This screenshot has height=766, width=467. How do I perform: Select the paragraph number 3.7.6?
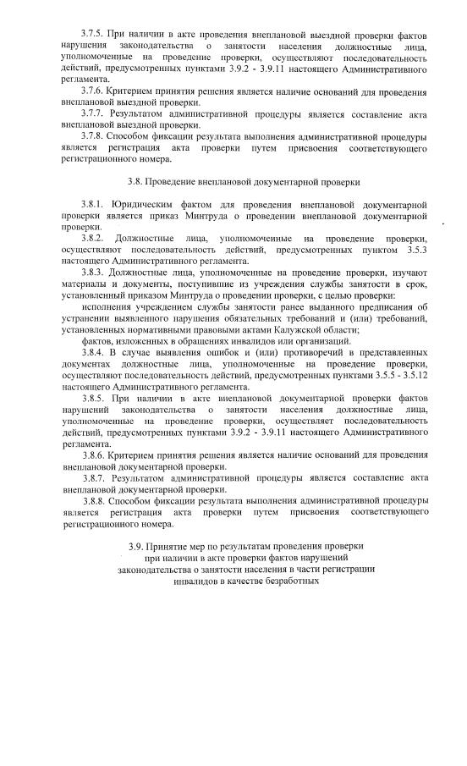tap(95, 90)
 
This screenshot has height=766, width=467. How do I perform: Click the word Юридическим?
tap(140, 205)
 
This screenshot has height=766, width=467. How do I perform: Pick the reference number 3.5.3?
tap(415, 251)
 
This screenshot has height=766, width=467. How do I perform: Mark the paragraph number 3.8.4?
tap(95, 353)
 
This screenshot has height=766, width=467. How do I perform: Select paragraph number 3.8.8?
tap(95, 501)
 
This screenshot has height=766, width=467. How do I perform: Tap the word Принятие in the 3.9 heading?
tap(169, 547)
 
